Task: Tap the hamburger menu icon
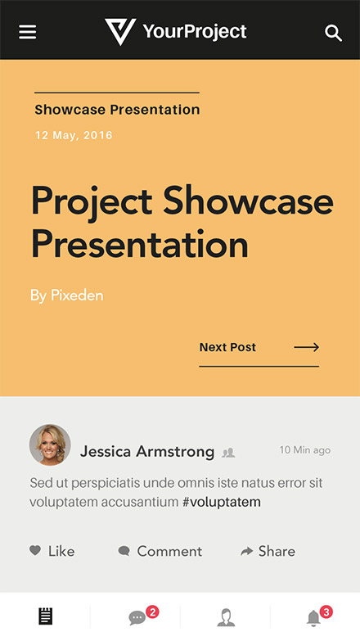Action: pos(27,32)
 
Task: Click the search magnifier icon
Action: pos(334,33)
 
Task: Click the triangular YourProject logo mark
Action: pos(120,31)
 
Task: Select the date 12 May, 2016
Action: pos(74,135)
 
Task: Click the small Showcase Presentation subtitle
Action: pos(117,110)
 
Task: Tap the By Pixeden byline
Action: pos(66,296)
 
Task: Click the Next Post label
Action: pos(227,347)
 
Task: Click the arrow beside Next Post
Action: pos(307,347)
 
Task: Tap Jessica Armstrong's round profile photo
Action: pos(50,445)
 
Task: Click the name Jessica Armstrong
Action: pos(147,452)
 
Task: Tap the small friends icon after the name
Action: pos(228,453)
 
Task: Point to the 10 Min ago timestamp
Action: pos(305,450)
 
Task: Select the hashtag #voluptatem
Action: pos(222,502)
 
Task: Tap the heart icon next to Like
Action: pos(35,550)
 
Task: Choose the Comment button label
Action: pos(169,551)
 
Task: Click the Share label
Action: pos(277,551)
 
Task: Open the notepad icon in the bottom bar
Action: pos(46,616)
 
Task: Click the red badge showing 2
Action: pos(152,612)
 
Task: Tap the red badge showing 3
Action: pos(326,612)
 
